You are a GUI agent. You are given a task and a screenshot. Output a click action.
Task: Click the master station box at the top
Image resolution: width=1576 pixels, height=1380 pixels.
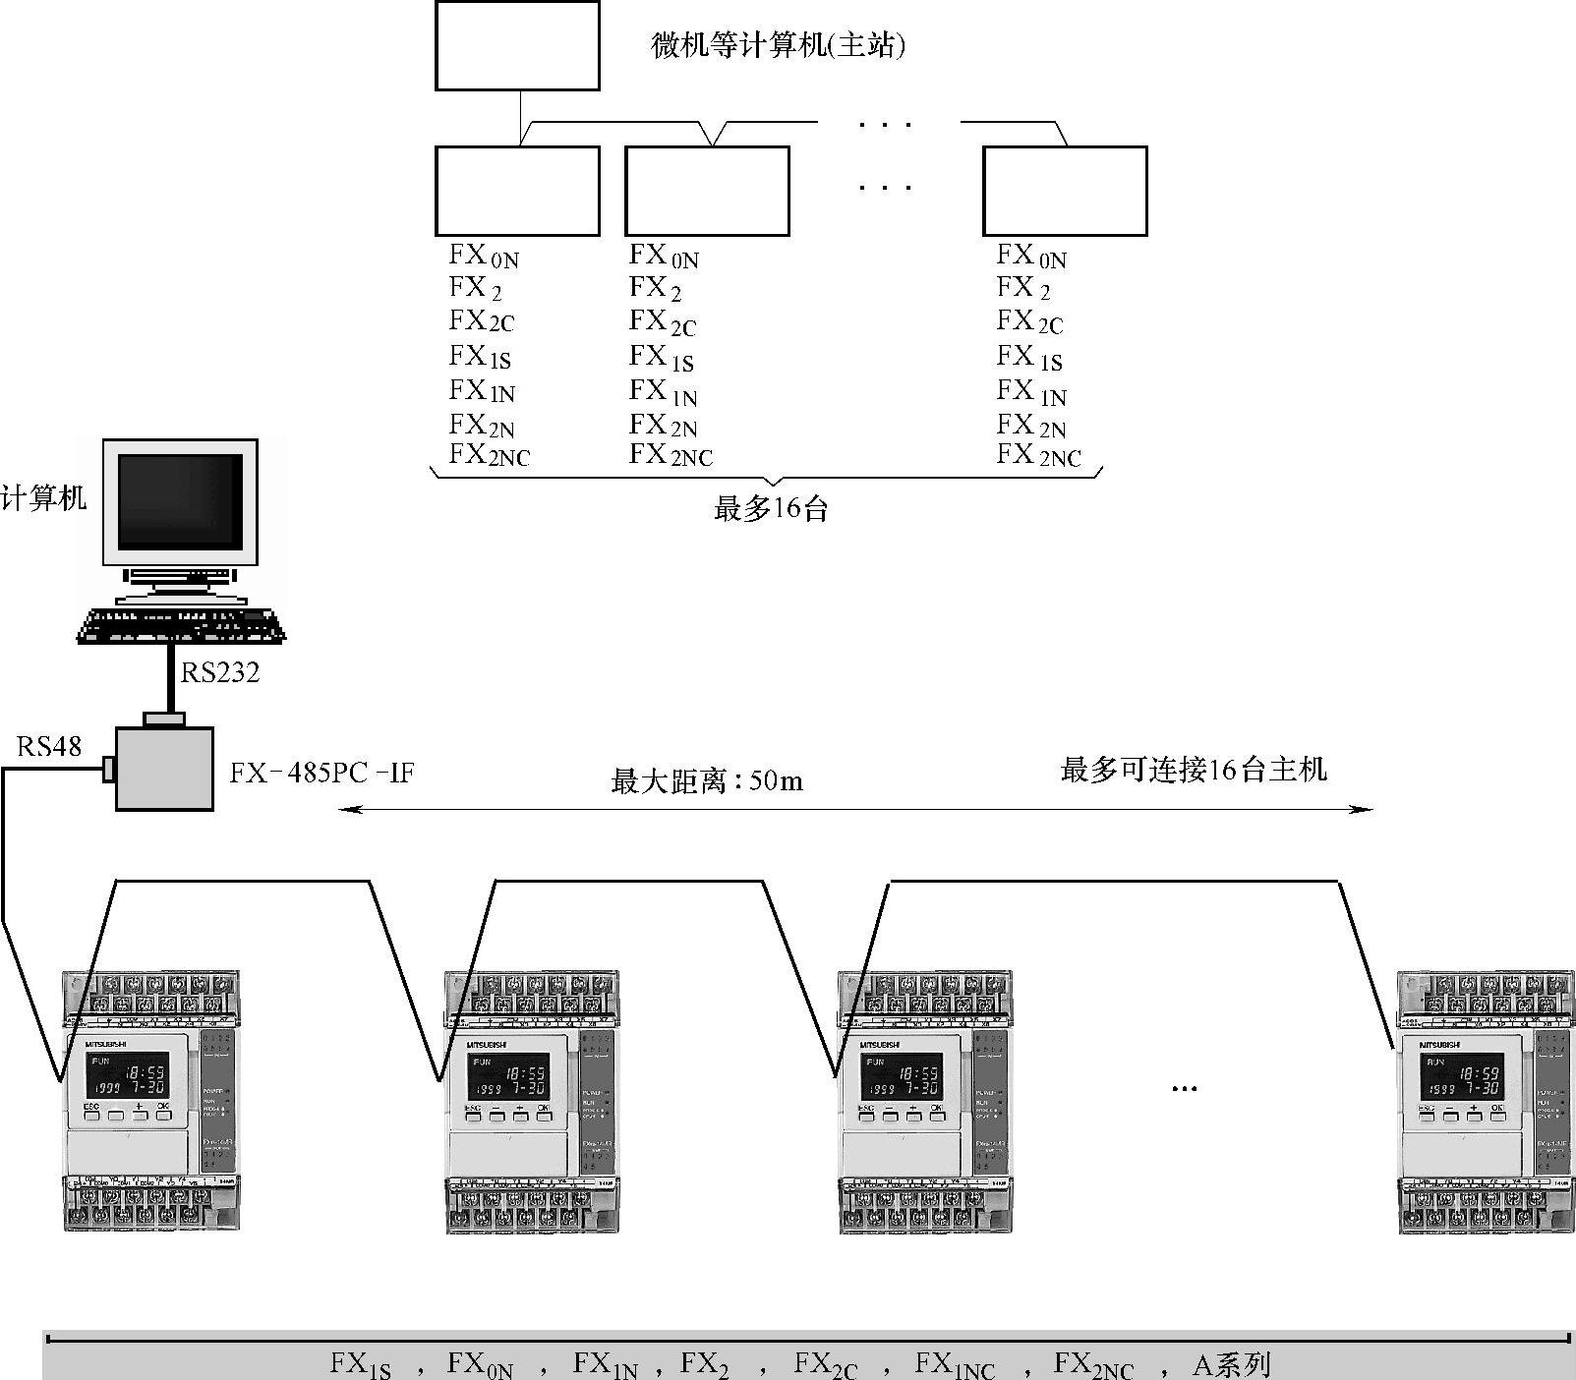coord(517,46)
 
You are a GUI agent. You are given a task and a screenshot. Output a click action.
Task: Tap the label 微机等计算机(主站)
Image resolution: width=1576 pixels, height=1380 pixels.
coord(777,45)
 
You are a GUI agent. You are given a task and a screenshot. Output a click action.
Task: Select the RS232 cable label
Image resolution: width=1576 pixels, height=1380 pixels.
coord(220,672)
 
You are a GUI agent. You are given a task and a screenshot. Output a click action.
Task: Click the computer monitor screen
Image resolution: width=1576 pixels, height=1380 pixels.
coord(180,503)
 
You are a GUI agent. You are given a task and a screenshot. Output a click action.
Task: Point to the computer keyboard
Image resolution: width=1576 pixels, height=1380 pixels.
coord(182,626)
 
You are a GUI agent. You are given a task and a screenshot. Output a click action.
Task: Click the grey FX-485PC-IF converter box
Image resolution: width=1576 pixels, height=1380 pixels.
coord(164,769)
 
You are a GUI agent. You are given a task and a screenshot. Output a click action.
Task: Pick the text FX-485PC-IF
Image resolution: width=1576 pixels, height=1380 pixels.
coord(322,773)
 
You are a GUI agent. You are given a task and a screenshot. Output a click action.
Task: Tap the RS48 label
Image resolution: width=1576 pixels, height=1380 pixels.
coord(48,747)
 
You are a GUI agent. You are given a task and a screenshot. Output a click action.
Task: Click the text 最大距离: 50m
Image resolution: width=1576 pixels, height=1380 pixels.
coord(707,781)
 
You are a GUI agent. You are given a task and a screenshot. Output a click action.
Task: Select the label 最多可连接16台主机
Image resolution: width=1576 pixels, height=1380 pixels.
coord(1194,770)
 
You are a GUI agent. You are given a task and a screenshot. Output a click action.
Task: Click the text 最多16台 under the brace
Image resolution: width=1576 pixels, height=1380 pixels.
coord(771,509)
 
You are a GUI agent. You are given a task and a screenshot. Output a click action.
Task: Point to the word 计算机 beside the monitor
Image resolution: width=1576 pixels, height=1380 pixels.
coord(43,497)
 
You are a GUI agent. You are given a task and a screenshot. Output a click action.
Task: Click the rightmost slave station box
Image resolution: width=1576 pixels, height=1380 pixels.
coord(1065,192)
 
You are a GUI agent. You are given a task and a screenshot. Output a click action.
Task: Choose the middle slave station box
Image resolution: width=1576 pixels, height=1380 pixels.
coord(707,192)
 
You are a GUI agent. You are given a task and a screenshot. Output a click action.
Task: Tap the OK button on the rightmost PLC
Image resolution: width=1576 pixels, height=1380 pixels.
coord(1496,1112)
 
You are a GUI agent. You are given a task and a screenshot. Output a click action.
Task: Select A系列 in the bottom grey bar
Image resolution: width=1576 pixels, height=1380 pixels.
coord(1231,1365)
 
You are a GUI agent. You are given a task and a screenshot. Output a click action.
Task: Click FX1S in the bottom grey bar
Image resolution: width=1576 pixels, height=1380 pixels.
coord(360,1365)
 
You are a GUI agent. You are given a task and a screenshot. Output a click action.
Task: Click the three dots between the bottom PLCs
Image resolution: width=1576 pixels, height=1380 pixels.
coord(1185,1088)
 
